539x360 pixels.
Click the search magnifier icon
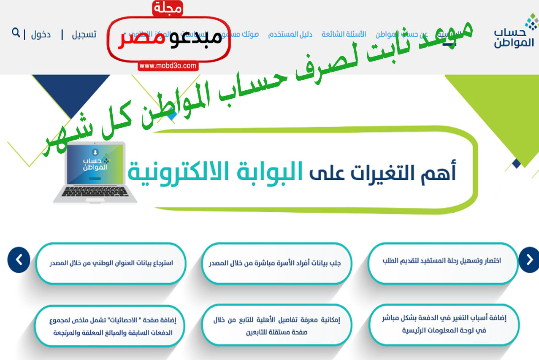tap(16, 32)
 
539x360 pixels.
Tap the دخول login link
tap(41, 34)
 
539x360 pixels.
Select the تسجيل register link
tap(84, 34)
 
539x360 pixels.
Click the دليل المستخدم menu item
tap(290, 34)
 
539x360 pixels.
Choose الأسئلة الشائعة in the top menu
tap(344, 34)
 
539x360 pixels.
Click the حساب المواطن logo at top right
tap(515, 32)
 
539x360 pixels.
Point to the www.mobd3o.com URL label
tap(168, 66)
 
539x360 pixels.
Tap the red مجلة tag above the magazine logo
tap(168, 8)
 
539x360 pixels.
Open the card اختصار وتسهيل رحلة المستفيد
tap(443, 261)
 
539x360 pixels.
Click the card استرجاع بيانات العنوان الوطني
tap(111, 263)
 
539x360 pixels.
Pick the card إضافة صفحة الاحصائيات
tap(111, 326)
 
